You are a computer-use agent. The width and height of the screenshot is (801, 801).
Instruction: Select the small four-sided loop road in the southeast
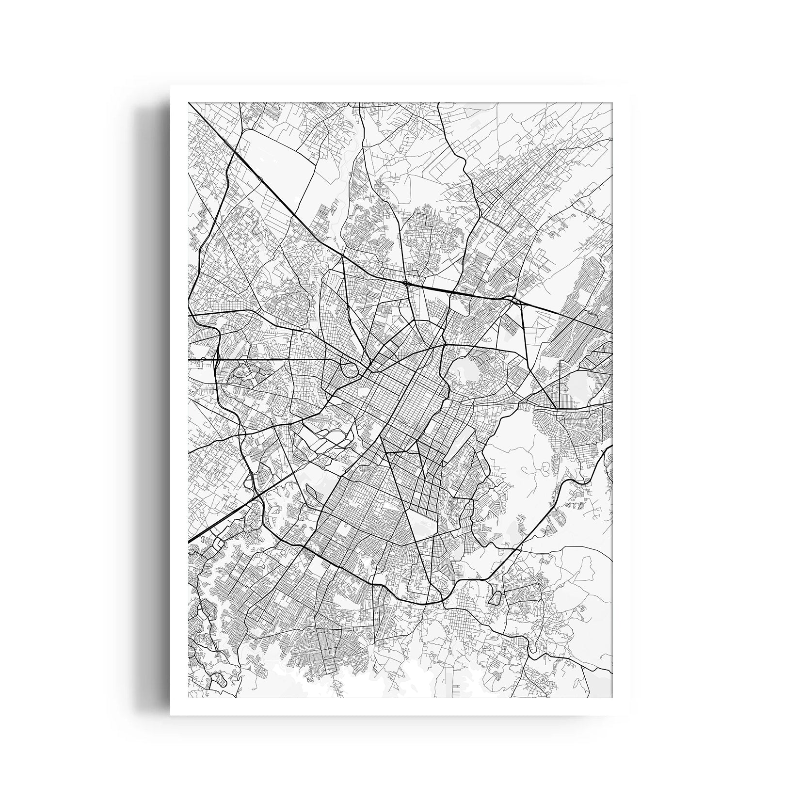[x=494, y=597]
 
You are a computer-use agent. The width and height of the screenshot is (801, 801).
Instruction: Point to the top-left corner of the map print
[x=188, y=103]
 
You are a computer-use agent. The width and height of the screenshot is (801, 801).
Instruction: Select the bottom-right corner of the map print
[x=613, y=698]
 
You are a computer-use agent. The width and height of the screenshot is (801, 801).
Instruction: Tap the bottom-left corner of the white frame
[x=170, y=716]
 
